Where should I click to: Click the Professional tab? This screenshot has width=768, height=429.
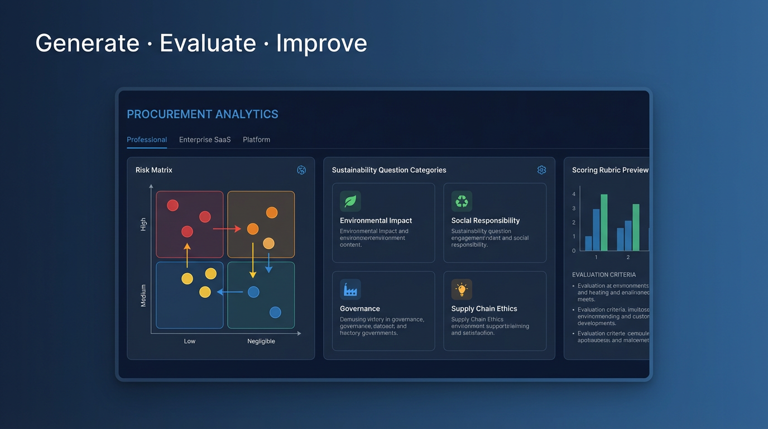tap(147, 140)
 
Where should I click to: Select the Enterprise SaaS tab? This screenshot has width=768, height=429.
tap(205, 140)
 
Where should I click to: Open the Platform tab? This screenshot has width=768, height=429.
tap(256, 140)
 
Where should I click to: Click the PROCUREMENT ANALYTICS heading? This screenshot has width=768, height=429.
tap(203, 115)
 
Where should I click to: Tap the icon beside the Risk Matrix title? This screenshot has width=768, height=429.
tap(301, 170)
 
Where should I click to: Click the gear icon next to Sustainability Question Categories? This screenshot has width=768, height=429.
tap(541, 170)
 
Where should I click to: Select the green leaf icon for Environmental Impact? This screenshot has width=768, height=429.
tap(351, 202)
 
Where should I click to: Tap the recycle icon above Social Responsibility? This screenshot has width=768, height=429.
tap(462, 202)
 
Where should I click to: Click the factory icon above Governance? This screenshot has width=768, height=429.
tap(351, 290)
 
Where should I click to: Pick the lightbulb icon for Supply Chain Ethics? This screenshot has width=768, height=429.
tap(462, 290)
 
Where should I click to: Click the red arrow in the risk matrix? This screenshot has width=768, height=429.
tap(227, 229)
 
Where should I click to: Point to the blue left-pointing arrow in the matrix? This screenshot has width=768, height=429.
tap(229, 292)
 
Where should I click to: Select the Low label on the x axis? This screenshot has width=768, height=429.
tap(190, 341)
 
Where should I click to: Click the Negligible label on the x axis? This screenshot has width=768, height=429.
tap(261, 341)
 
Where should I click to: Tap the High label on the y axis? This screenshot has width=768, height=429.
tap(143, 225)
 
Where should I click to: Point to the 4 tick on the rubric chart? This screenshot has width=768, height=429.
tap(574, 194)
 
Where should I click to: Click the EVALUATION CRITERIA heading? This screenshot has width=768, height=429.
tap(604, 275)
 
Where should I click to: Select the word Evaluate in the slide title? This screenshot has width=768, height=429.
tap(208, 44)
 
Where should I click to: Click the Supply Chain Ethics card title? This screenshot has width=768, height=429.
tap(484, 309)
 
